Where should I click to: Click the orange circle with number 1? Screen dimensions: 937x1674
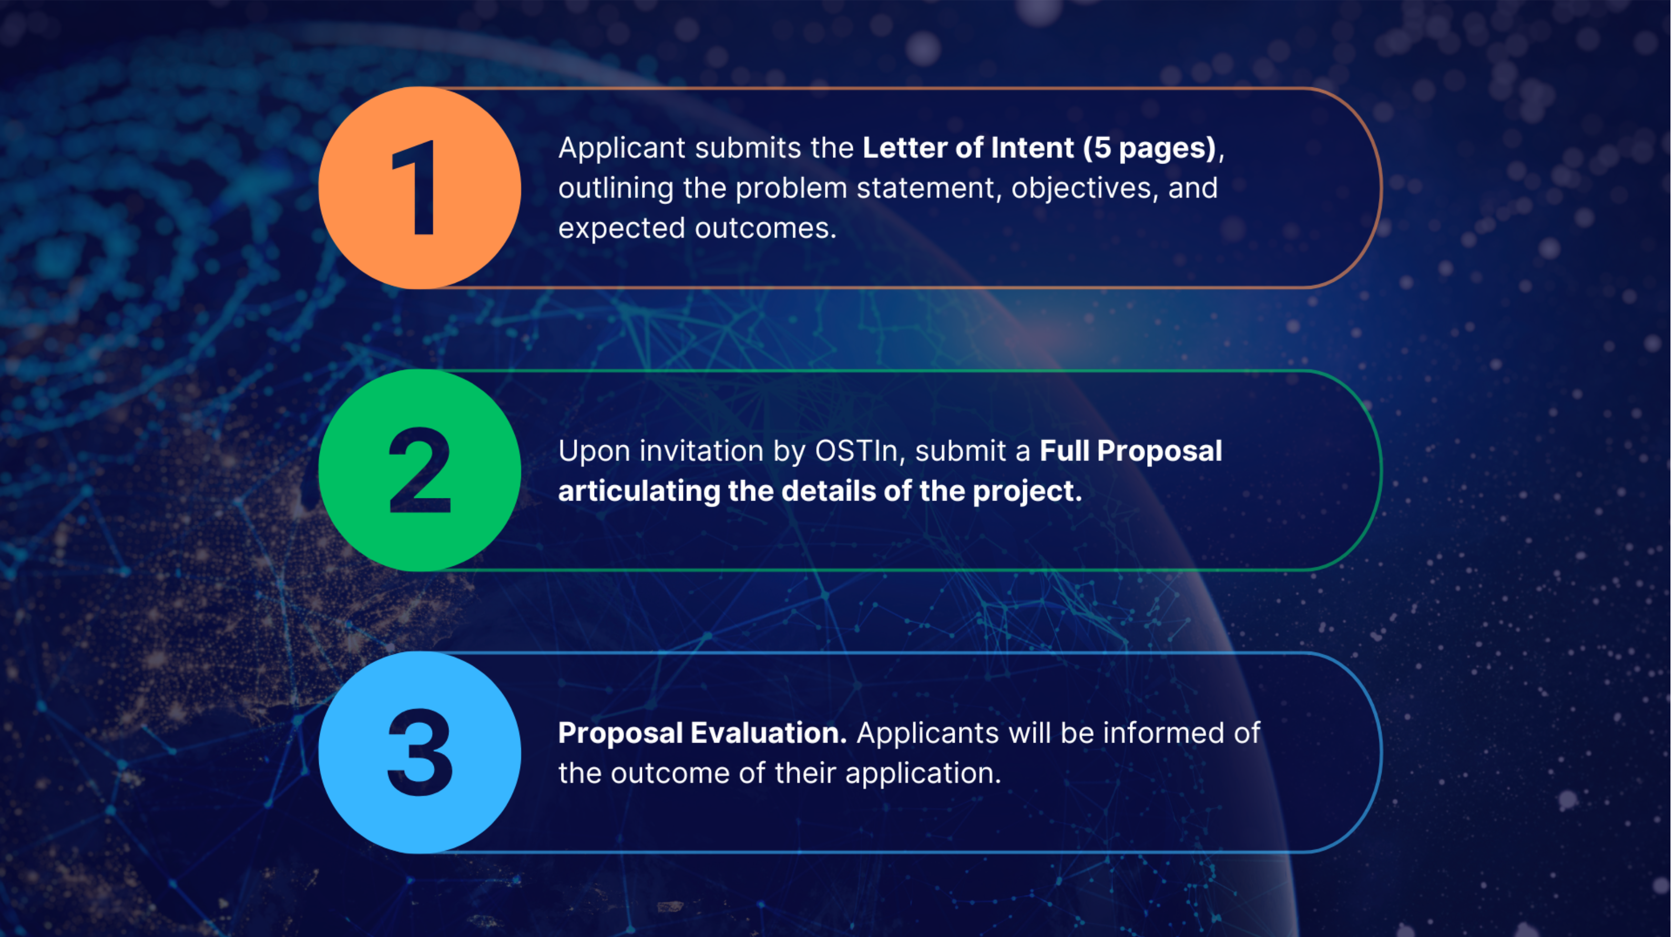419,188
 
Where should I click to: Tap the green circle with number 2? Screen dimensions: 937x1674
419,471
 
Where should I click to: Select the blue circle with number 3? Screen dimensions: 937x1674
419,752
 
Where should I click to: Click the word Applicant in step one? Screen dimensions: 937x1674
622,148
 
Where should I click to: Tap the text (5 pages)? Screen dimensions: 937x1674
1149,148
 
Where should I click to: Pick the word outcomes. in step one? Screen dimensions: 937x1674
765,229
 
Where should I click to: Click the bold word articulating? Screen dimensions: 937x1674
639,491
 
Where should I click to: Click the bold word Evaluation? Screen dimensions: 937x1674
769,733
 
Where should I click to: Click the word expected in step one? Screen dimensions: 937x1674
622,229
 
